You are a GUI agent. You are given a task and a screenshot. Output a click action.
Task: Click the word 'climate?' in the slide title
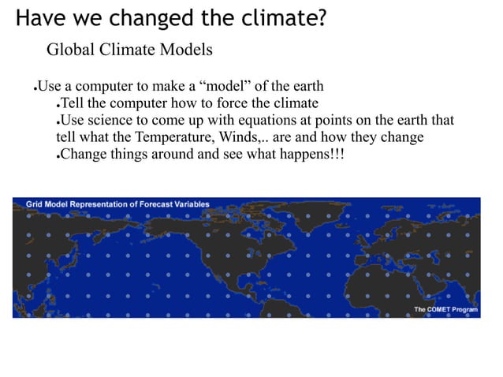285,17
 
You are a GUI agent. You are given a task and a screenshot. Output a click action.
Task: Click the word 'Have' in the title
38,17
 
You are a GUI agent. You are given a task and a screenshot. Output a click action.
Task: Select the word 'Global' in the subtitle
71,51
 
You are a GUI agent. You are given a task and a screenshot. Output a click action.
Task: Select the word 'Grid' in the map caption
34,204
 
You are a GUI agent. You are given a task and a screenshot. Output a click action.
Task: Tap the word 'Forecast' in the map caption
157,204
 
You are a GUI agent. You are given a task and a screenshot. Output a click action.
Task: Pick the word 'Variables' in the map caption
193,204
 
